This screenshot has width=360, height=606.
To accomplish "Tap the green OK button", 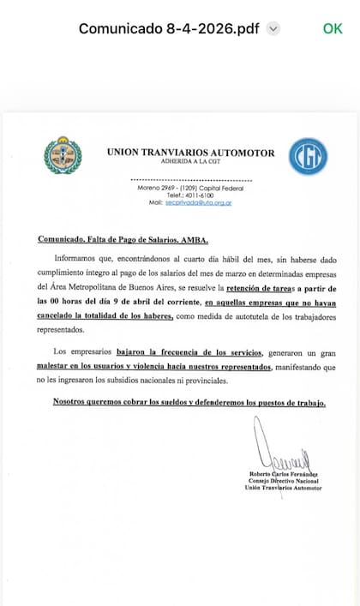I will [333, 28].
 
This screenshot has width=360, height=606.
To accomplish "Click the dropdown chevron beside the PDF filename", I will [273, 28].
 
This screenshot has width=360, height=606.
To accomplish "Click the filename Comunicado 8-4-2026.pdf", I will [169, 28].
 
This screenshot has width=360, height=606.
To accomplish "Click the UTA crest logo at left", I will [63, 155].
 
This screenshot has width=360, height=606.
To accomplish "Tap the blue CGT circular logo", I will [307, 158].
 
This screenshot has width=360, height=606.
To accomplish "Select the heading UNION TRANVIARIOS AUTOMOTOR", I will [190, 153].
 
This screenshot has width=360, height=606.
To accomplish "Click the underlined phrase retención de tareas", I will [275, 290].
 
